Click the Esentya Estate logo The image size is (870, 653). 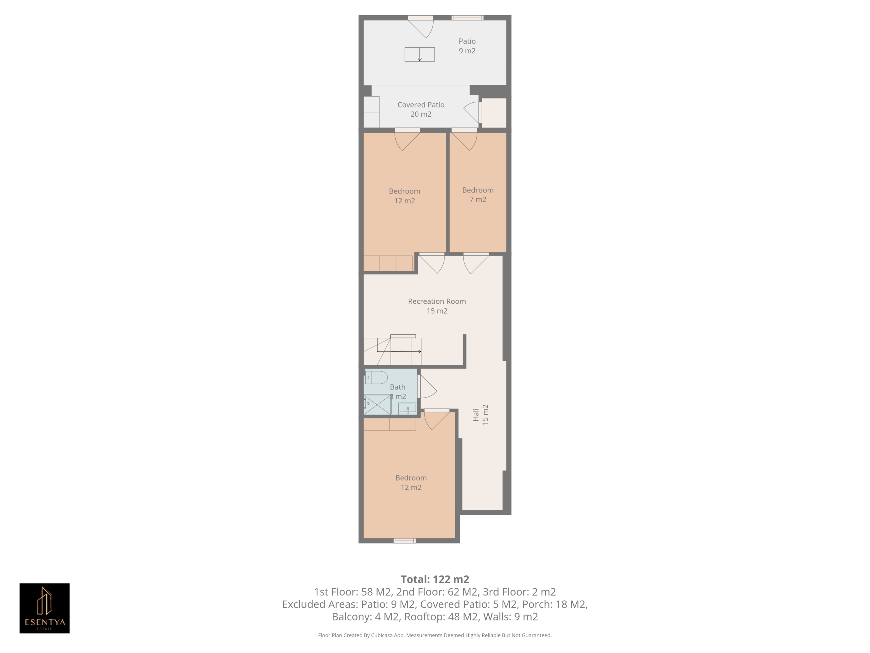pyautogui.click(x=45, y=608)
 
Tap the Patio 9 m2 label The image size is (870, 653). pyautogui.click(x=467, y=46)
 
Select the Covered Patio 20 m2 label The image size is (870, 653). pyautogui.click(x=421, y=110)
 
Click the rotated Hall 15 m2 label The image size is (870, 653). pyautogui.click(x=481, y=415)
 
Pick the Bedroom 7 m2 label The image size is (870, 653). pyautogui.click(x=478, y=195)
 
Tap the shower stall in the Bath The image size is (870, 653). pyautogui.click(x=378, y=405)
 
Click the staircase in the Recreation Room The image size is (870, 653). pyautogui.click(x=393, y=350)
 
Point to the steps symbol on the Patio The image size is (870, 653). pyautogui.click(x=420, y=54)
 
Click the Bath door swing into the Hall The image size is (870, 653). pyautogui.click(x=428, y=386)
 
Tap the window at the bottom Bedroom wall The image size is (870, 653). pyautogui.click(x=405, y=541)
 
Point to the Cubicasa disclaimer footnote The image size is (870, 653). pyautogui.click(x=435, y=635)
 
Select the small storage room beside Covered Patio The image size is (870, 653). pyautogui.click(x=494, y=113)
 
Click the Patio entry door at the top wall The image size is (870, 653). pyautogui.click(x=420, y=28)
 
